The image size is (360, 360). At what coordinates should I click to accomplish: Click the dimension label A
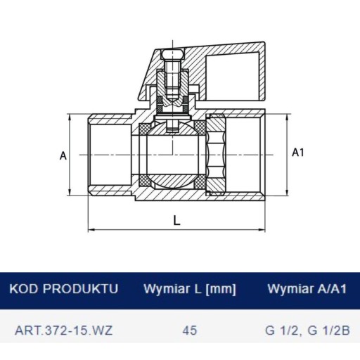(63, 155)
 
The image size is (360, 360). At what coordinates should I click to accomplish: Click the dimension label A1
(298, 153)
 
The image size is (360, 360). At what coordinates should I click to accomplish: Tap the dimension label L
(177, 221)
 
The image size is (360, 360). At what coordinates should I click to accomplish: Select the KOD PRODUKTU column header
(63, 288)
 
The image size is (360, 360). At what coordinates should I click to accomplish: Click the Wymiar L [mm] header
(190, 289)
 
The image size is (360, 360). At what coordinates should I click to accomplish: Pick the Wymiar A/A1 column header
(307, 288)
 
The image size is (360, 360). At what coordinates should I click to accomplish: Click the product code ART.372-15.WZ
(63, 330)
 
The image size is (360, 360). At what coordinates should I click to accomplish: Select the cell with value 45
(190, 330)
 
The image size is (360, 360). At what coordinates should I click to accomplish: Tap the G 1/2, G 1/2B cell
(307, 330)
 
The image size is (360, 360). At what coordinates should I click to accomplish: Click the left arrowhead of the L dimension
(91, 229)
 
